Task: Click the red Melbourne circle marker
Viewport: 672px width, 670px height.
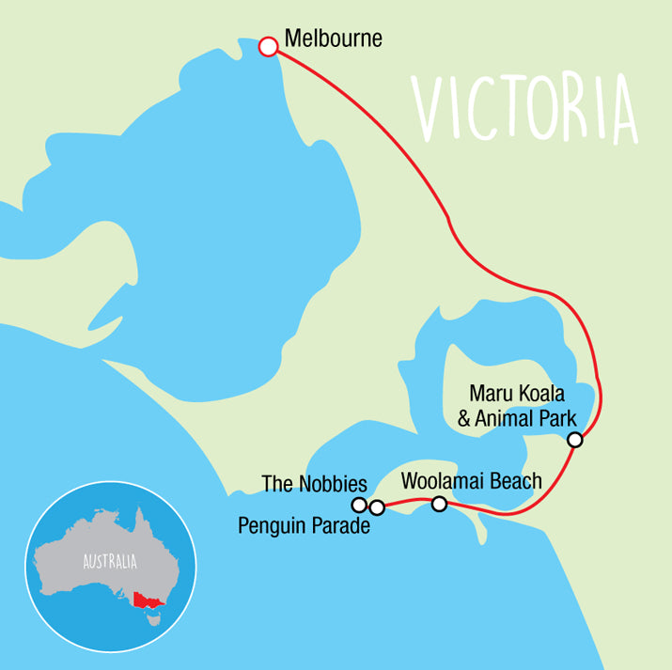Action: (268, 46)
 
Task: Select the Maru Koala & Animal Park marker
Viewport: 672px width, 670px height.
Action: (575, 440)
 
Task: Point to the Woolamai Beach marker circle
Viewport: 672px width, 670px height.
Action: (439, 504)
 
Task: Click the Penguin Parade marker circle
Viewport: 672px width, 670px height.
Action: (377, 508)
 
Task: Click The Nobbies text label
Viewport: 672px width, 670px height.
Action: (313, 484)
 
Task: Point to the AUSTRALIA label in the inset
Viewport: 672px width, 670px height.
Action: (110, 562)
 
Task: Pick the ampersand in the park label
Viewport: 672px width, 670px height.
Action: (464, 418)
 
